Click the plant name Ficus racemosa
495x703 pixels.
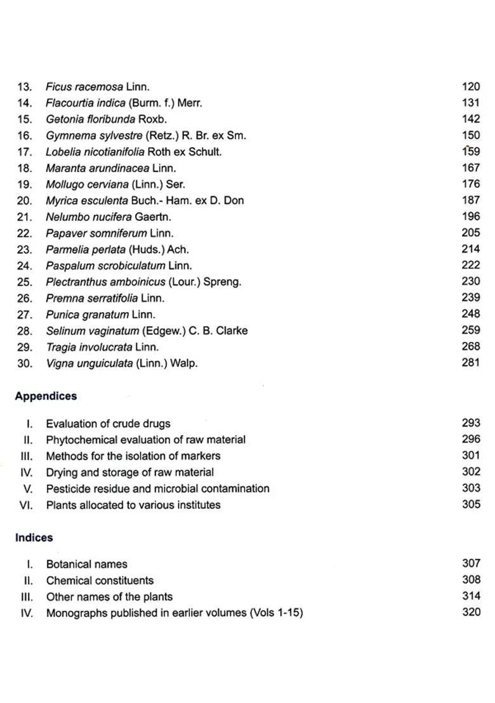[x=84, y=87]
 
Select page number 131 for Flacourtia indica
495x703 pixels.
[x=471, y=103]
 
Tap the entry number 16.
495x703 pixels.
[x=25, y=136]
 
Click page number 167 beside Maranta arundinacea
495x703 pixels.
[x=471, y=168]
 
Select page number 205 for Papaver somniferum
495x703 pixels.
[x=471, y=233]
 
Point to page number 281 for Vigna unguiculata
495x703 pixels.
[x=471, y=363]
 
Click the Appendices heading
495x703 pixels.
[x=46, y=396]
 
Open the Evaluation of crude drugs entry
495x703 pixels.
[x=108, y=424]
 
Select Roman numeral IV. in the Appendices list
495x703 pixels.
[x=27, y=473]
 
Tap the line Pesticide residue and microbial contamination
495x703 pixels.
[x=157, y=489]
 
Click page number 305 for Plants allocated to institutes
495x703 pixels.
[x=471, y=505]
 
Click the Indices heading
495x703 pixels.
[x=34, y=537]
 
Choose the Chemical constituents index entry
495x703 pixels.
[x=100, y=581]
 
